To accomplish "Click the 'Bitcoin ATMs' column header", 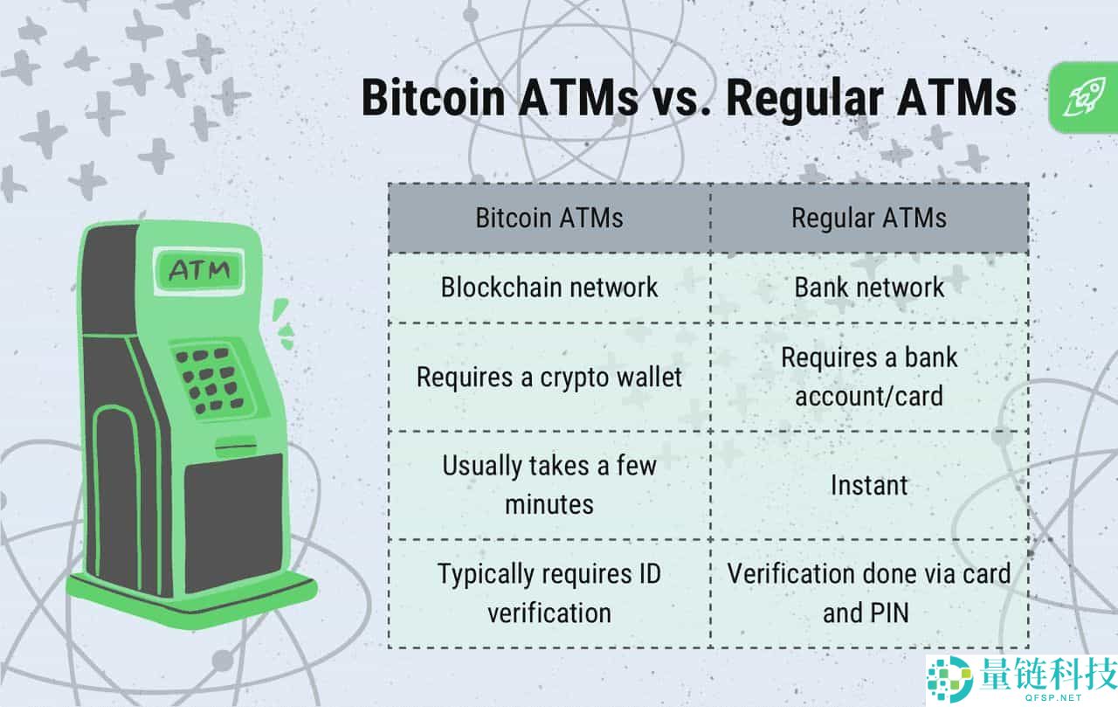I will [x=549, y=218].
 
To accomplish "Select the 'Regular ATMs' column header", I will [x=868, y=218].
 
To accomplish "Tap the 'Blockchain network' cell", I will [x=549, y=288].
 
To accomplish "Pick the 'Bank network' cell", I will [x=868, y=288].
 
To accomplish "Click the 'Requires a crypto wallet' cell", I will [x=549, y=378].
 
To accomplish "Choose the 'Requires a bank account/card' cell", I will [x=868, y=377].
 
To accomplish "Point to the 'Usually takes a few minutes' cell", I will [x=549, y=485].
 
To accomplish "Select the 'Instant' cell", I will [x=868, y=485].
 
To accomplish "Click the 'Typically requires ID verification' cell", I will [x=549, y=593].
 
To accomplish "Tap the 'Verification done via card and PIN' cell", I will [x=868, y=593].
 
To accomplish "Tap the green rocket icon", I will [x=1083, y=98].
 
